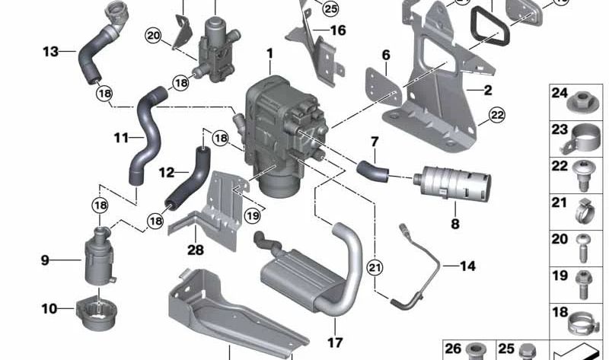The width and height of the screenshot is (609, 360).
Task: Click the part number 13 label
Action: [x=50, y=52]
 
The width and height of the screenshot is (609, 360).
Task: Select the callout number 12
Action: [x=168, y=173]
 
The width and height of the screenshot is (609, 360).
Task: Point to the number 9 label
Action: [x=45, y=260]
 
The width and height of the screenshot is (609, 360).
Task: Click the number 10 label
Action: [x=49, y=309]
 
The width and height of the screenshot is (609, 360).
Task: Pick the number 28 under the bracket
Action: [x=196, y=248]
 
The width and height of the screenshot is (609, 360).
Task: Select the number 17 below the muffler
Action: [x=335, y=342]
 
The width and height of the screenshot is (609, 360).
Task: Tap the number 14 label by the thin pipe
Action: [x=467, y=266]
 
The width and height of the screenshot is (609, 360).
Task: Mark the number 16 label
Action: [x=338, y=30]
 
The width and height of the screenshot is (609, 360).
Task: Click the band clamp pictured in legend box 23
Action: [x=581, y=136]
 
